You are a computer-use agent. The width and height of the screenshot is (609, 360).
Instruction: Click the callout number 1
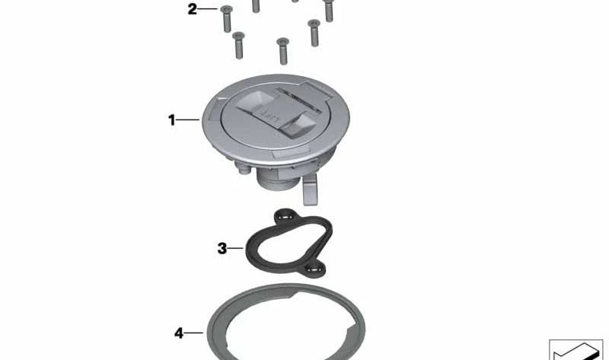tap(172, 119)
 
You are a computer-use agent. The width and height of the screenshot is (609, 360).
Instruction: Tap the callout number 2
tap(193, 9)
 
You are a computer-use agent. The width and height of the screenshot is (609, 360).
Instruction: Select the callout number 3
tap(222, 248)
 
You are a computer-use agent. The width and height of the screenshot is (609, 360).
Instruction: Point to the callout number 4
tap(179, 333)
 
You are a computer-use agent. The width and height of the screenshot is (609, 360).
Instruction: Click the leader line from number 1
tap(188, 119)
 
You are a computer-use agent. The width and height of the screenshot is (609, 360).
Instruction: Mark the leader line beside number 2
tap(208, 8)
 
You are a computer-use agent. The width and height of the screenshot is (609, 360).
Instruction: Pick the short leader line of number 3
tap(235, 248)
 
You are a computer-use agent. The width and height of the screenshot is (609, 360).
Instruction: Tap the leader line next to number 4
tap(193, 333)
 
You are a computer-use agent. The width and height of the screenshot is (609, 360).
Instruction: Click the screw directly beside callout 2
tap(226, 18)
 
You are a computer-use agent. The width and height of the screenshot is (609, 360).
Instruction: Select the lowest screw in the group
tap(282, 51)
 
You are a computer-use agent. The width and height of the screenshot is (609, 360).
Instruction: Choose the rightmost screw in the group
tap(329, 10)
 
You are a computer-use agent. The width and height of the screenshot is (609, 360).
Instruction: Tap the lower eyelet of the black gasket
tap(315, 269)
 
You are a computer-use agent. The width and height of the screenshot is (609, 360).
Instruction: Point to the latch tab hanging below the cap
tap(310, 189)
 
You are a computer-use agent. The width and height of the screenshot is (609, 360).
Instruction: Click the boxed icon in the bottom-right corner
tap(576, 350)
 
